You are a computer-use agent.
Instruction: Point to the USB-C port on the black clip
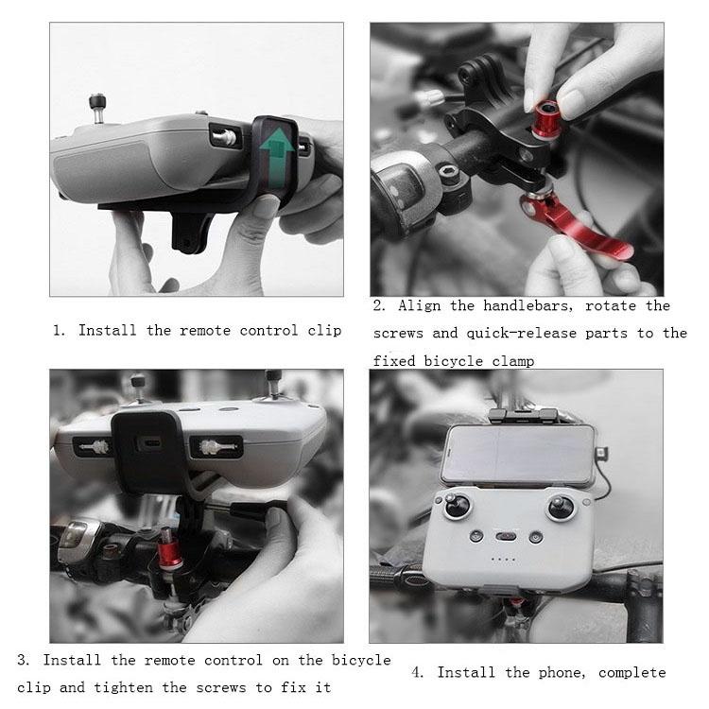(148, 443)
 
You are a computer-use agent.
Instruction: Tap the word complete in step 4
(632, 673)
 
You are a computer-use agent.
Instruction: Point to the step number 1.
(58, 331)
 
